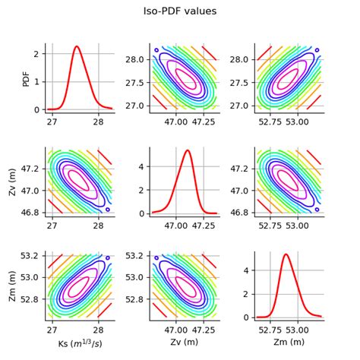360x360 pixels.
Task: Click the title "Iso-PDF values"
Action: coord(180,11)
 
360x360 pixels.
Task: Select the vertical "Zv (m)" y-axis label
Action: coord(13,182)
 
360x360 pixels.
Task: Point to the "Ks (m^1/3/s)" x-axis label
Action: coord(75,344)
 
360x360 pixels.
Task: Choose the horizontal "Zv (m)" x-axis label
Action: coord(180,343)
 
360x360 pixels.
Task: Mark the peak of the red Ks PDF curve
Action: coord(77,47)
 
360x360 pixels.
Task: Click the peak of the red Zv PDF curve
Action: coord(188,150)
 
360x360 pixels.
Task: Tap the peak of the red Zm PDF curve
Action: coord(286,254)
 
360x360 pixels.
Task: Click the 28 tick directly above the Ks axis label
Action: coord(99,328)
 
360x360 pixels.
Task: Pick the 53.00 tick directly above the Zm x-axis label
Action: coord(297,328)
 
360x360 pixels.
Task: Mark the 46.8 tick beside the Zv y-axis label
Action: coord(31,212)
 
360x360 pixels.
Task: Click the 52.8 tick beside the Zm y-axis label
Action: coord(31,299)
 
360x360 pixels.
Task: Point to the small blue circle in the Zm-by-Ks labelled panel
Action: coord(107,257)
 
